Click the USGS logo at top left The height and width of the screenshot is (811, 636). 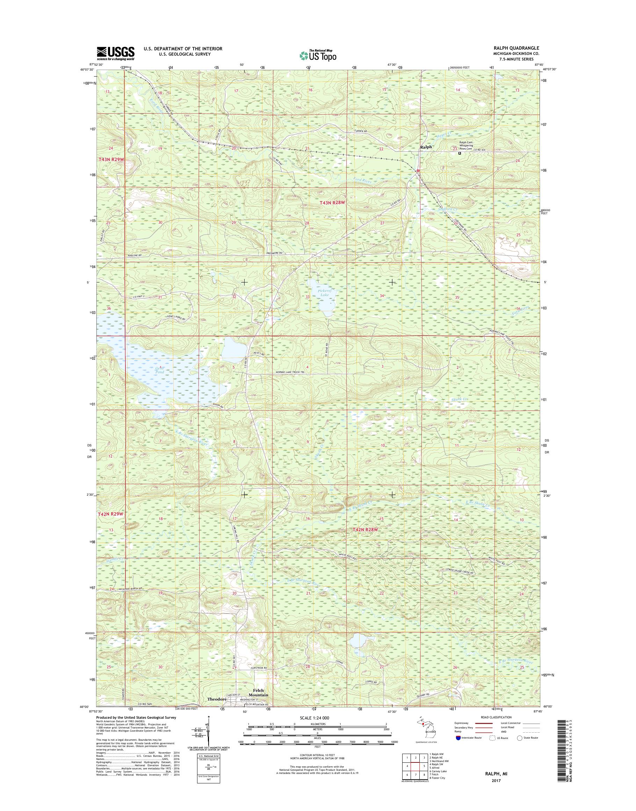click(x=115, y=53)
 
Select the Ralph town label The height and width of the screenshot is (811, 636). click(x=426, y=147)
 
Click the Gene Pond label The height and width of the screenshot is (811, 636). click(x=159, y=369)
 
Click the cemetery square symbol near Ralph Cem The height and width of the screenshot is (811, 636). click(x=460, y=153)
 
